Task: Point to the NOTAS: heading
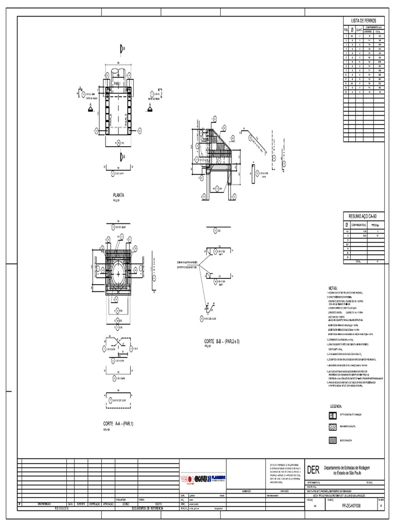coord(334,288)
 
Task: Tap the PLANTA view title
coord(118,195)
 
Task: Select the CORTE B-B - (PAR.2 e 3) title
coord(226,341)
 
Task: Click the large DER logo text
coord(313,470)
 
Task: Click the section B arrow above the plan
coord(122,49)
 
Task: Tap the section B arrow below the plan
coord(122,156)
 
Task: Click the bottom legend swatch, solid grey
coord(332,440)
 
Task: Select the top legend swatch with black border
coord(332,415)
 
